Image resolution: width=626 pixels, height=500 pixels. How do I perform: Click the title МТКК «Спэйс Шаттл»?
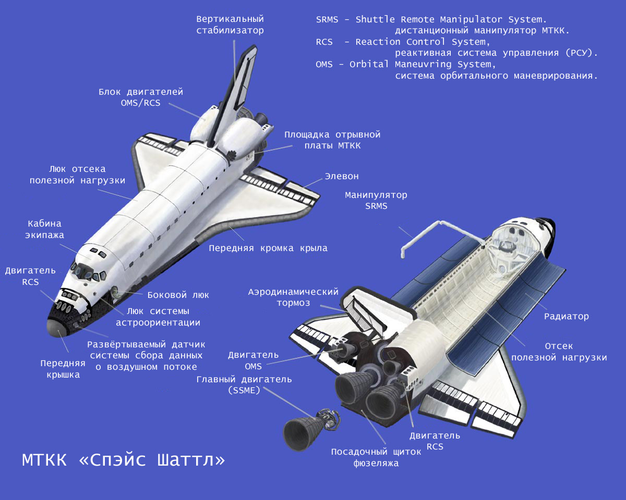[x=123, y=460]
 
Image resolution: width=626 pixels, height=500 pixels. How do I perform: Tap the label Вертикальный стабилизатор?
[x=230, y=24]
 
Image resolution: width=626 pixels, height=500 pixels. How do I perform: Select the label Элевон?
[x=342, y=177]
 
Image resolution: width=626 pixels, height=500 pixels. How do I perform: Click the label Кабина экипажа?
[x=44, y=229]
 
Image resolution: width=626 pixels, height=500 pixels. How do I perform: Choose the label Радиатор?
[x=567, y=316]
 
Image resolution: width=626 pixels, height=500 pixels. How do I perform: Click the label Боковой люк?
[x=178, y=295]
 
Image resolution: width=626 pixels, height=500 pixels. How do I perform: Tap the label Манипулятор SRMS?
[x=376, y=201]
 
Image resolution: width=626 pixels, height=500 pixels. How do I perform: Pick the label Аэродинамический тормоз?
[x=293, y=297]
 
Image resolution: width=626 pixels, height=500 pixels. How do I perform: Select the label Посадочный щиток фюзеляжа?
[x=376, y=457]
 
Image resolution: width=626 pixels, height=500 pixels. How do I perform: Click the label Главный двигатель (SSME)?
[x=244, y=385]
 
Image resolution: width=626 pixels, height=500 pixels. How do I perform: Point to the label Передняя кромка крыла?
[x=268, y=248]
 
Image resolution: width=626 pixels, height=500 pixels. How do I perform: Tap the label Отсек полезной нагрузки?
[x=559, y=352]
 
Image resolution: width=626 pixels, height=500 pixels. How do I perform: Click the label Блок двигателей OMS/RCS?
[x=141, y=97]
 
